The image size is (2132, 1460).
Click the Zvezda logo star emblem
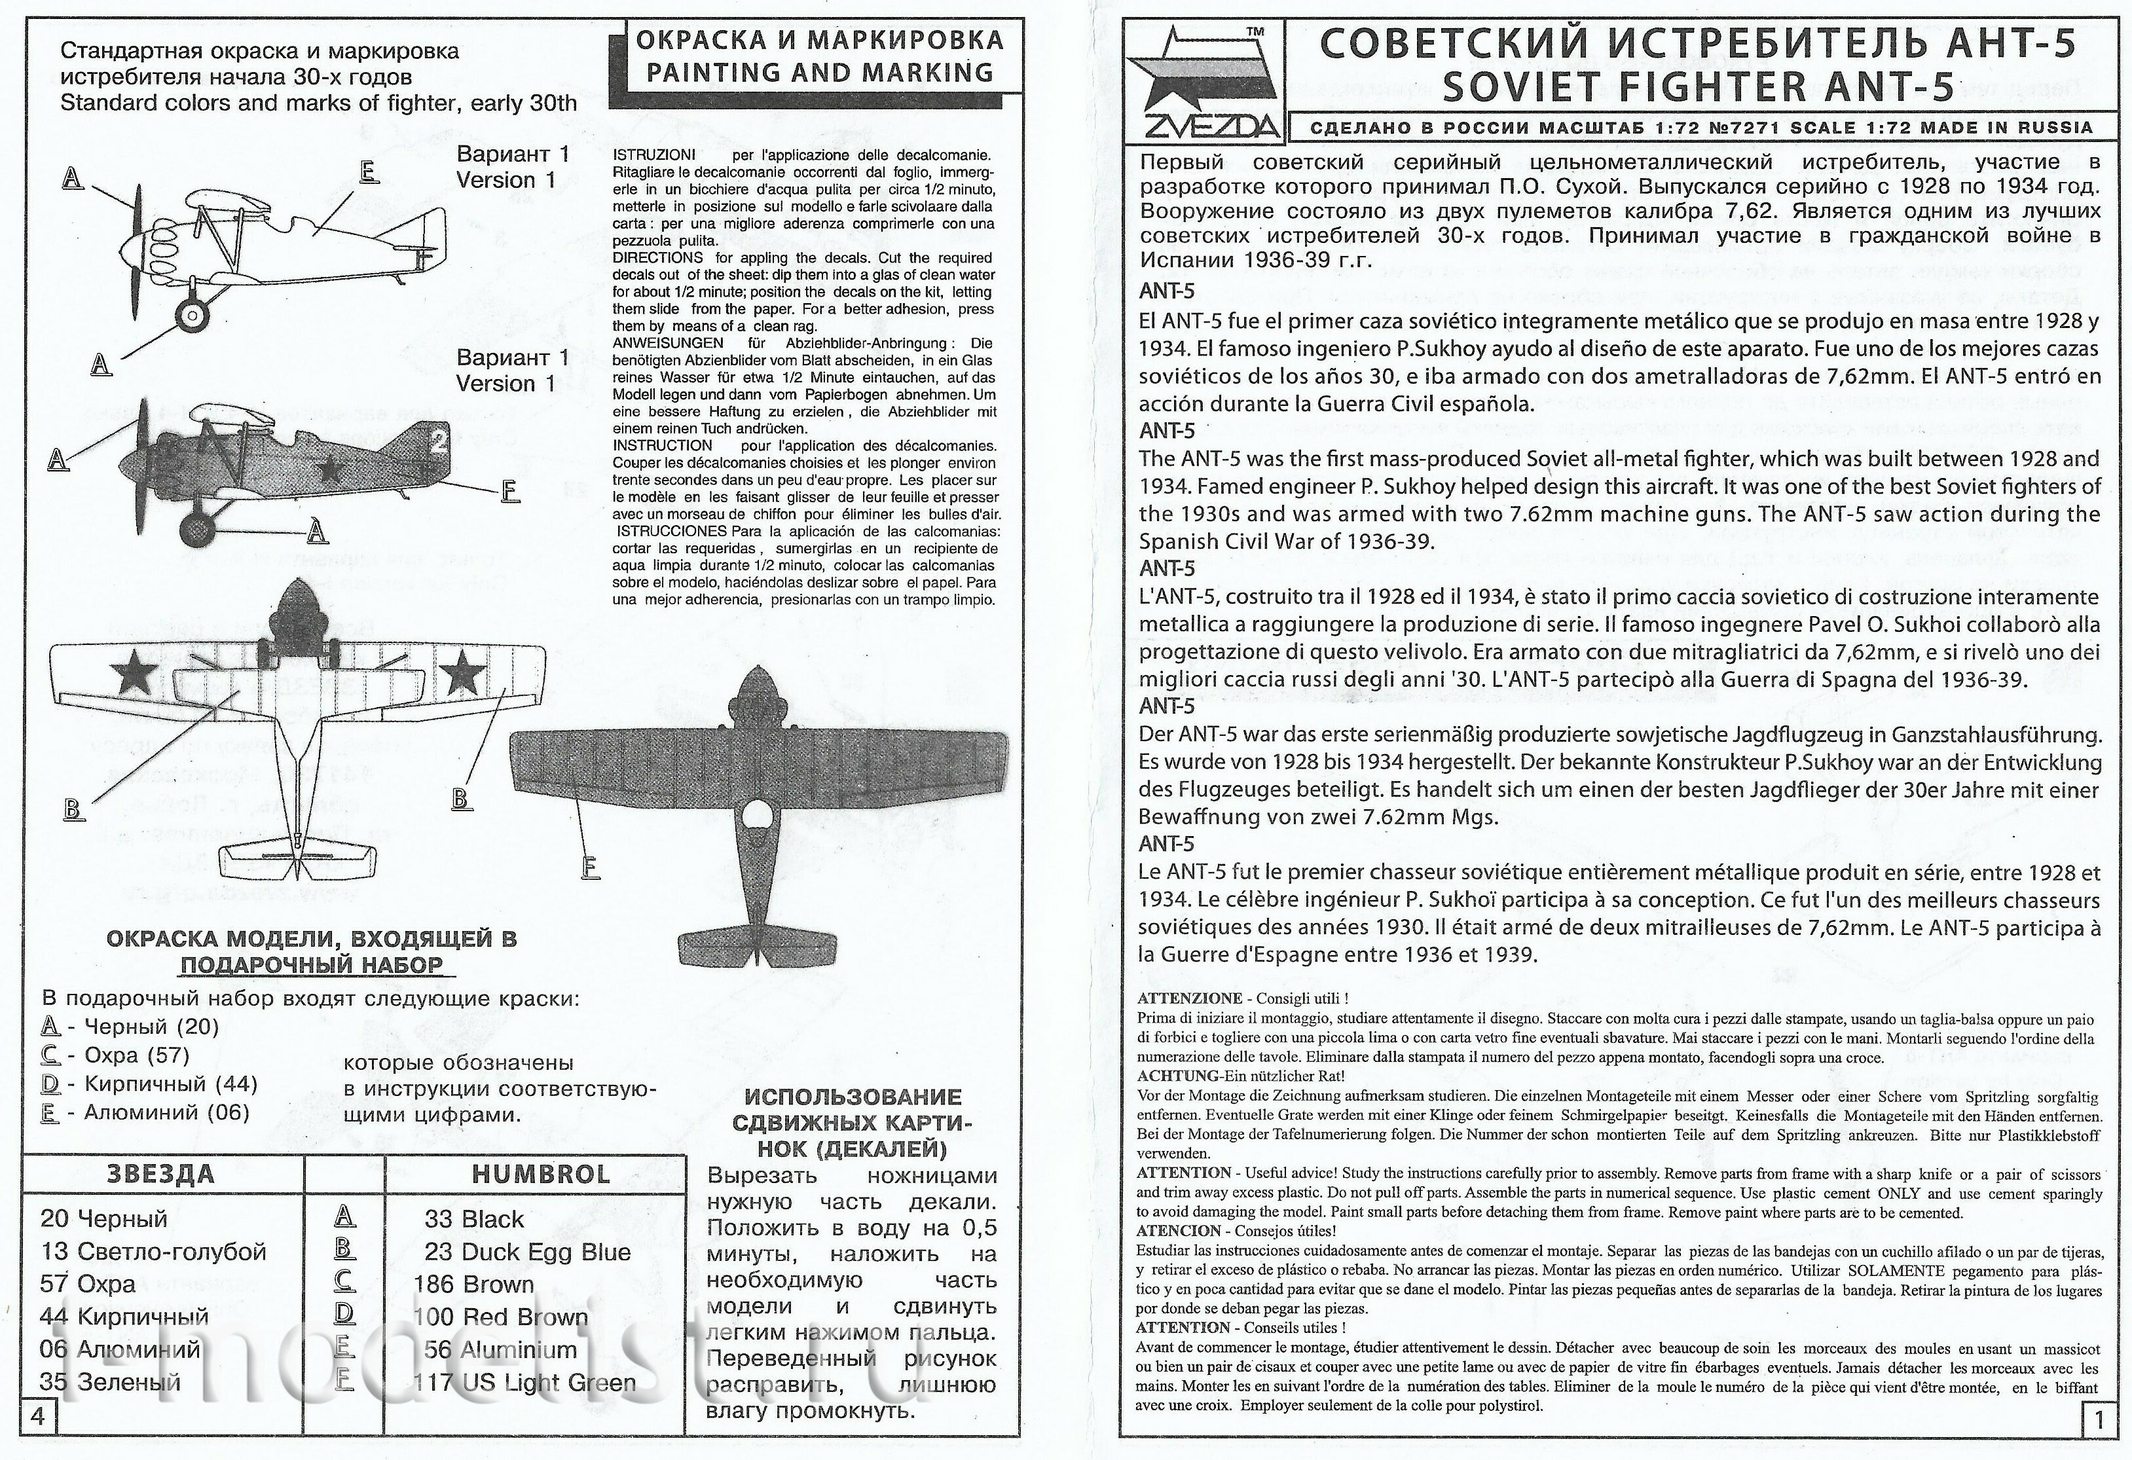1202,82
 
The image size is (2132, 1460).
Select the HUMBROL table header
540,1175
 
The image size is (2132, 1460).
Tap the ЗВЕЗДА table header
160,1174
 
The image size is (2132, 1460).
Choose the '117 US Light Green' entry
524,1382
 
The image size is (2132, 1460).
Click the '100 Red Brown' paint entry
500,1317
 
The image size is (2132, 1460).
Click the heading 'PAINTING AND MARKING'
819,73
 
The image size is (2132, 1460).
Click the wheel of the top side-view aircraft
192,316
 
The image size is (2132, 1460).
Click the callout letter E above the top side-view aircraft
368,172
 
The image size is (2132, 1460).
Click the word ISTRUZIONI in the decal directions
654,155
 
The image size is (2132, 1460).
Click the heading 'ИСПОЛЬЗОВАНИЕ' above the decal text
853,1097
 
